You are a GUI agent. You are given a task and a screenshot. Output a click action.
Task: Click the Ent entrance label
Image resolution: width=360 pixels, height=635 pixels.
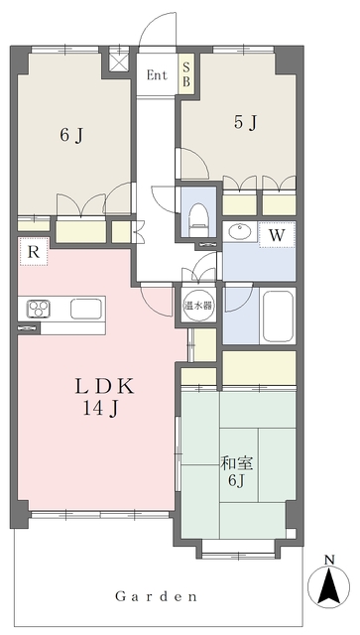[x=157, y=75]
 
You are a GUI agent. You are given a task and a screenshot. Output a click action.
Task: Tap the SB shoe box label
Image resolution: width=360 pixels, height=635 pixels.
[x=185, y=75]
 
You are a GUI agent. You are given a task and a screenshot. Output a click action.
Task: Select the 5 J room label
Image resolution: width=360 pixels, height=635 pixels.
[x=246, y=122]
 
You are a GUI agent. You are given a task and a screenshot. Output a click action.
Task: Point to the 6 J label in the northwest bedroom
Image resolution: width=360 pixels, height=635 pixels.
[x=71, y=136]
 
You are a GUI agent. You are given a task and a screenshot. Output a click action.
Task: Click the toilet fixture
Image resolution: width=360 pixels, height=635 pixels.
[x=198, y=220]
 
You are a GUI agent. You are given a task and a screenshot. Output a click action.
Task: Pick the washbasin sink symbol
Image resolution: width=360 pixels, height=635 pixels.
[x=239, y=232]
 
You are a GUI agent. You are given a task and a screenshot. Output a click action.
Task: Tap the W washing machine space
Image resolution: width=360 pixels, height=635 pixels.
[x=277, y=234]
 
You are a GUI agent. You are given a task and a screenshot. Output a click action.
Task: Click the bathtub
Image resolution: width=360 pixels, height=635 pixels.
[x=278, y=317]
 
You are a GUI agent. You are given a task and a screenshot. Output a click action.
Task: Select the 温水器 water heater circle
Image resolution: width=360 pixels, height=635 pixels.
[x=198, y=306]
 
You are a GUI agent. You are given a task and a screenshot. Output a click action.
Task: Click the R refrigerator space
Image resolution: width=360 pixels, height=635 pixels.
[x=34, y=251]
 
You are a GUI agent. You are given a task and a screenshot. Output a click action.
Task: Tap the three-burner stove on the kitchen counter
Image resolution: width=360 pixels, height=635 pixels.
[x=38, y=309]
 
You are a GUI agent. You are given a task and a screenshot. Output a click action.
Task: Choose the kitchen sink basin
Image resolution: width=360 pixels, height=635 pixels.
[x=85, y=309]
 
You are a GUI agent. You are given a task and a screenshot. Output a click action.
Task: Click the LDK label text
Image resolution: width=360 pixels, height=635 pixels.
[x=104, y=388]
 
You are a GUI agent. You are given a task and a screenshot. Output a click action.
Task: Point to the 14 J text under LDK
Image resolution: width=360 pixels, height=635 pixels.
[x=100, y=410]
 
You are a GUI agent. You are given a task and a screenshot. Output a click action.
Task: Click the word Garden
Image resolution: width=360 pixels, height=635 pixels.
[x=157, y=596]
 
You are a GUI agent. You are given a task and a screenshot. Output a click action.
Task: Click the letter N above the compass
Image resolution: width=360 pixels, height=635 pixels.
[x=329, y=560]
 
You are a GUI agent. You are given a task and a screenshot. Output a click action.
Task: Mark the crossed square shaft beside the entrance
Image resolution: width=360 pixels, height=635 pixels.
[x=120, y=63]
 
